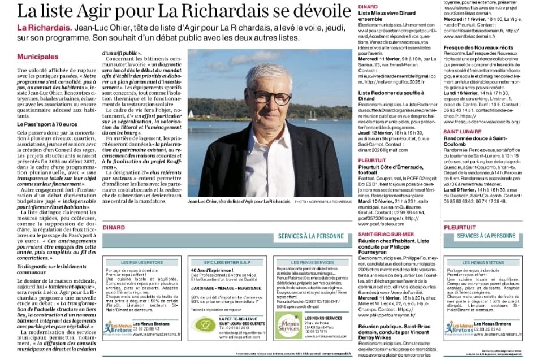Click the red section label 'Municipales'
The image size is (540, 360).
coord(38,57)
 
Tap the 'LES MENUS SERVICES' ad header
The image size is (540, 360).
coord(313,263)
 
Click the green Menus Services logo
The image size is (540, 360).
coord(288,325)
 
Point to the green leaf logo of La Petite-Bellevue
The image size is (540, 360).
coord(204,324)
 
